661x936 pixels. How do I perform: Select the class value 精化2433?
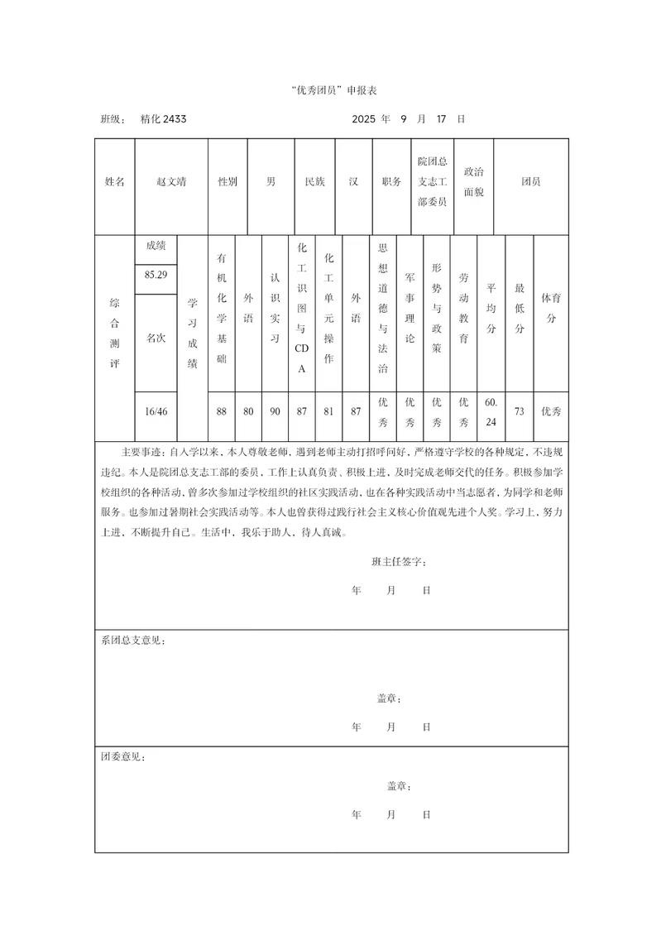(163, 119)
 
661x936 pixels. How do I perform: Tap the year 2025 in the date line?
(364, 119)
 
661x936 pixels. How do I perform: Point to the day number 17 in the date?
(441, 119)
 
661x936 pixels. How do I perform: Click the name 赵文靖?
(171, 181)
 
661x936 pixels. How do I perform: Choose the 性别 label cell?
(228, 181)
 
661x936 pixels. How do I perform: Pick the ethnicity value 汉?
(353, 181)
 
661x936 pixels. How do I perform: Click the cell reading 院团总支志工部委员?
(432, 181)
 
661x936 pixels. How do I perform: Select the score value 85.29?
(156, 275)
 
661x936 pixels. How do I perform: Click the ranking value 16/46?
(156, 411)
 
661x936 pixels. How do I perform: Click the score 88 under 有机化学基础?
(221, 411)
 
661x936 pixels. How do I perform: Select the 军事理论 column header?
(410, 308)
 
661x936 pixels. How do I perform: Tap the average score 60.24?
(491, 411)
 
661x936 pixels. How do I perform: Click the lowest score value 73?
(519, 411)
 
